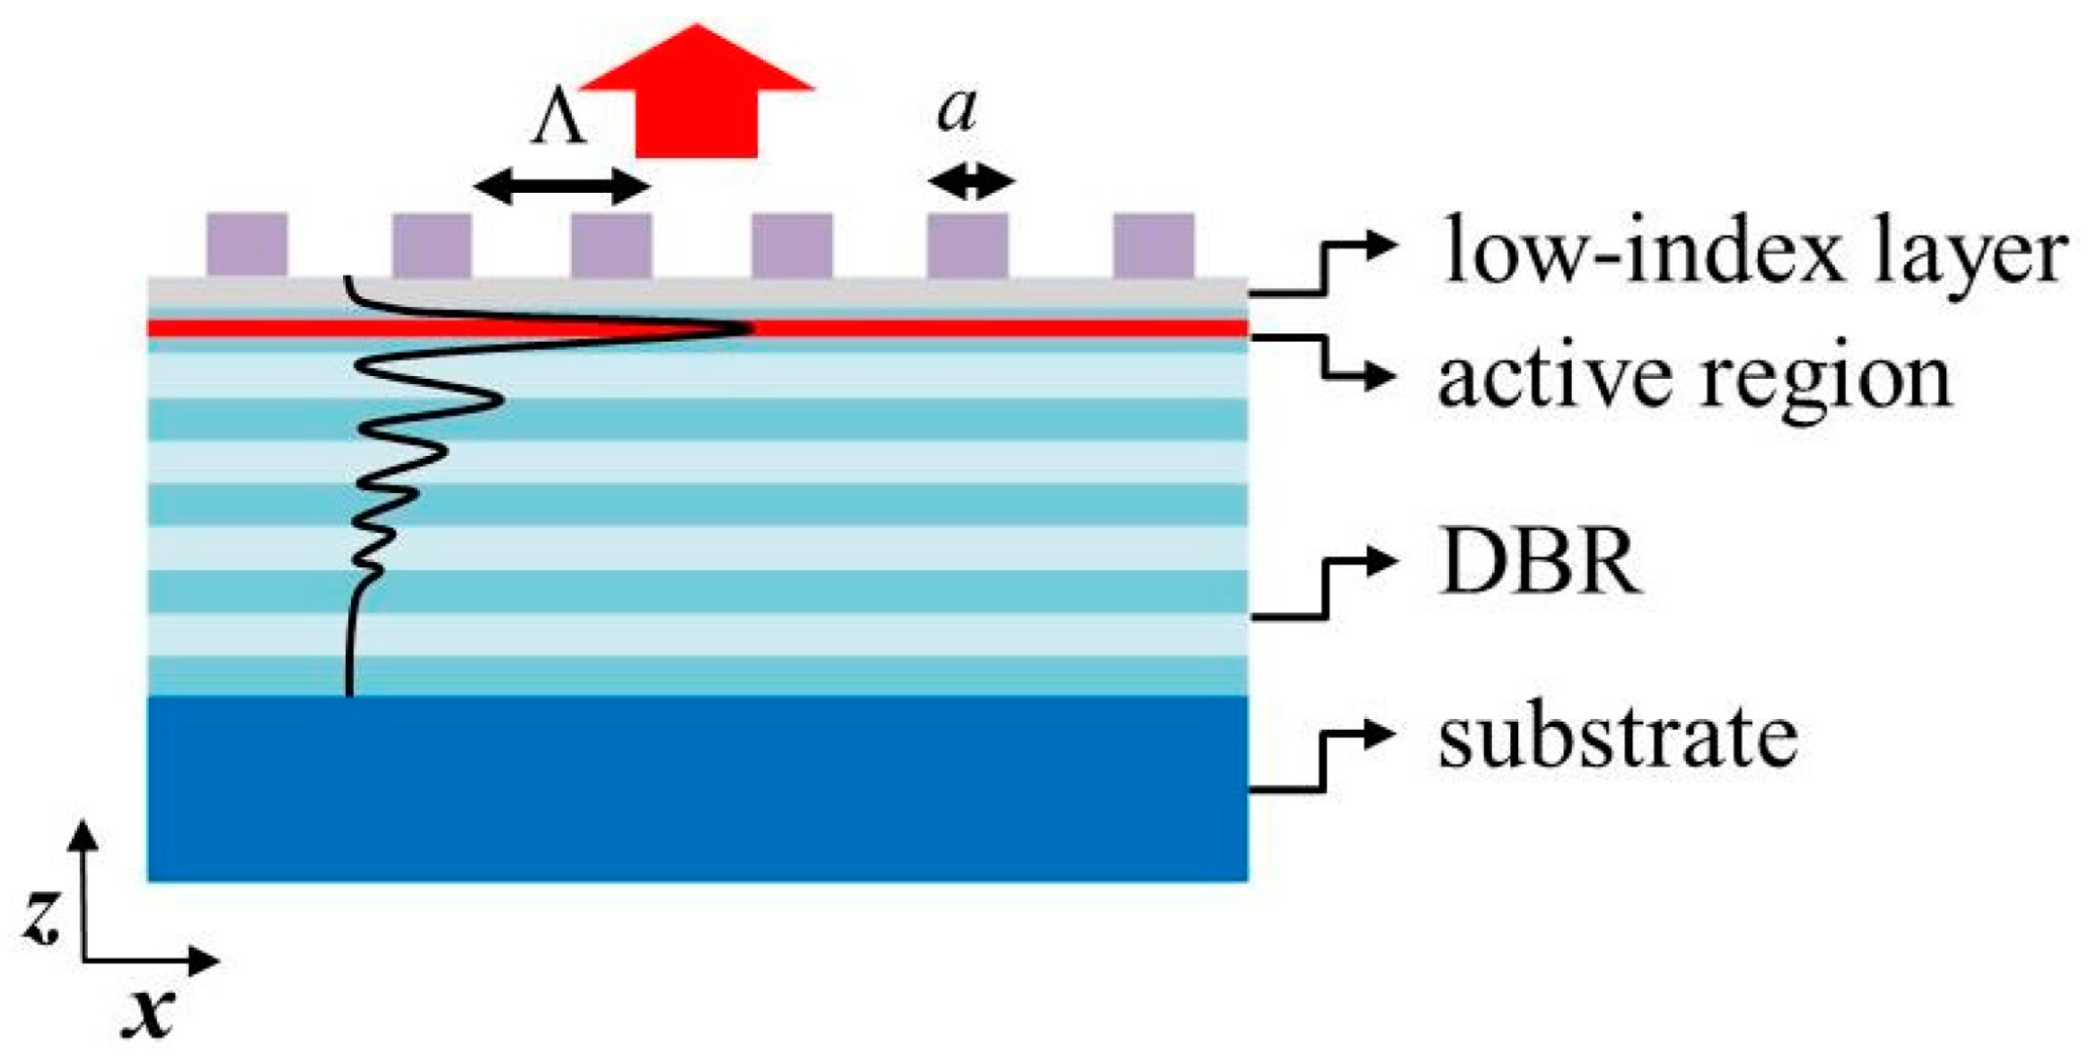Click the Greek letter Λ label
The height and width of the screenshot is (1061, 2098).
(558, 123)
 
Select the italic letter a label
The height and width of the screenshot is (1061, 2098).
(956, 110)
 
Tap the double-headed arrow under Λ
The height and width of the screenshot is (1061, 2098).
(562, 185)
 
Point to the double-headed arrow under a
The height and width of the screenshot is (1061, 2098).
(971, 181)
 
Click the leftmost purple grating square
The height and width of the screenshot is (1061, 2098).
(247, 246)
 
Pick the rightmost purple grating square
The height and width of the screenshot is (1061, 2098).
(1154, 246)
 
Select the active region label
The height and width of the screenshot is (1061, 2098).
(1695, 378)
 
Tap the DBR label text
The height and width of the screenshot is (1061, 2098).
(1540, 564)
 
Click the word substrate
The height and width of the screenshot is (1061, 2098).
(1618, 738)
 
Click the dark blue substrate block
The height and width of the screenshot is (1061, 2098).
(697, 789)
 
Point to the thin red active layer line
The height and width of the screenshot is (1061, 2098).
(974, 328)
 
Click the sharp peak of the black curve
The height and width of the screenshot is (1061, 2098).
(748, 328)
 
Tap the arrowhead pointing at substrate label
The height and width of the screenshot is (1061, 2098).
(1382, 734)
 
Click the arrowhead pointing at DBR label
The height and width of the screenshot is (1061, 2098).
(1382, 560)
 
